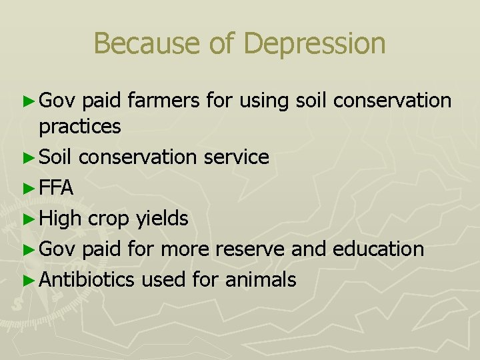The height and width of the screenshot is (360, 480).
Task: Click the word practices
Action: click(x=80, y=126)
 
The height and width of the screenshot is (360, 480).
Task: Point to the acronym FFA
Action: click(x=57, y=188)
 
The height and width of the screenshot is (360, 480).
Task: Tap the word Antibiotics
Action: click(x=87, y=279)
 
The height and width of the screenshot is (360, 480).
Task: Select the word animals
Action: click(x=261, y=279)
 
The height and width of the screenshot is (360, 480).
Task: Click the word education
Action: click(x=378, y=249)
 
